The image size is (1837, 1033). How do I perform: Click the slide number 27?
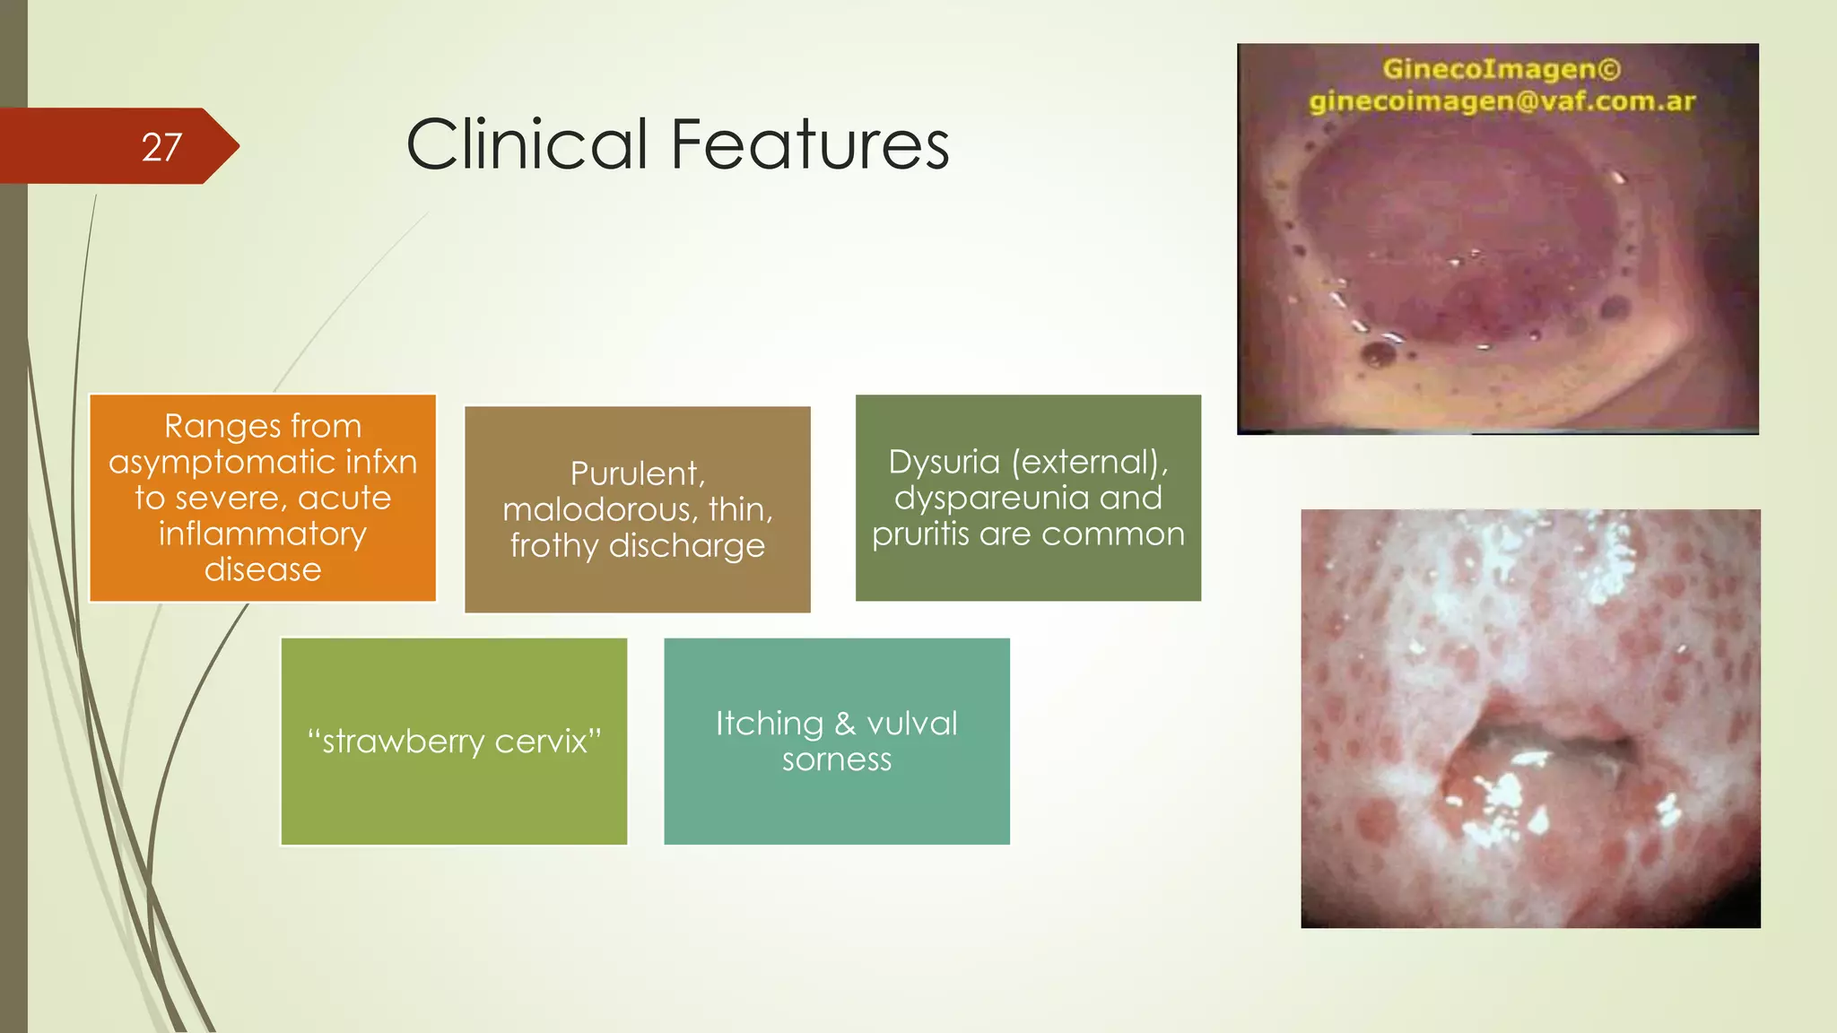[x=161, y=147]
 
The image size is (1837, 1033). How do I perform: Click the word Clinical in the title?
[x=527, y=144]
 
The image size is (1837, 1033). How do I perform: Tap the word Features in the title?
[x=810, y=144]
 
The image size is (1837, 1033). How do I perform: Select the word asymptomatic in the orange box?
[x=223, y=463]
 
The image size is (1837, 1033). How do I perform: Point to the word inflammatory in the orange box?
[x=263, y=534]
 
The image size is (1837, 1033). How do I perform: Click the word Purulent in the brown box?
[x=636, y=473]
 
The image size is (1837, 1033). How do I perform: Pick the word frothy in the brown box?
[x=553, y=545]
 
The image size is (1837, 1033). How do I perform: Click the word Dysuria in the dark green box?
[x=944, y=462]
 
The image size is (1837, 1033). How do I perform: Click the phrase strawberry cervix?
[x=454, y=742]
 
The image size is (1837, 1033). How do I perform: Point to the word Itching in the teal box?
[x=769, y=724]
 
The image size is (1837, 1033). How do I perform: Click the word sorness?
[x=837, y=760]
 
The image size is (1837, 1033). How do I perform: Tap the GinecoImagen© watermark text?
[x=1501, y=69]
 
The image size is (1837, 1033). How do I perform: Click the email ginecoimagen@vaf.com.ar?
[x=1501, y=101]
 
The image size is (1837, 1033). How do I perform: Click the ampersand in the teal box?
[x=845, y=724]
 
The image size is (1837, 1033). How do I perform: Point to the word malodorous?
[x=599, y=509]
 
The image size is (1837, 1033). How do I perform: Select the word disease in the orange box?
[x=263, y=570]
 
